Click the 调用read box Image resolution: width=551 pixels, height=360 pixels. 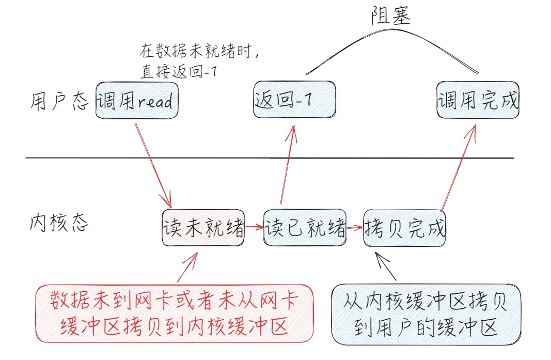coord(137,100)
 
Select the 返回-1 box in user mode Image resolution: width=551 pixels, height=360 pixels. coord(294,100)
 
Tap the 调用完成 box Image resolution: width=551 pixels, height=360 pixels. coord(478,100)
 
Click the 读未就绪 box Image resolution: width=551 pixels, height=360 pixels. coord(203,228)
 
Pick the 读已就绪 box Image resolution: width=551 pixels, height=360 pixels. coord(305,228)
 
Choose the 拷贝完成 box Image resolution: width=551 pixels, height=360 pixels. coord(404,228)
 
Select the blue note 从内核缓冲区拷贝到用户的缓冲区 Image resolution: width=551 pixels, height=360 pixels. coord(426,314)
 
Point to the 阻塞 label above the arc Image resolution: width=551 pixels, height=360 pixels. coord(391,17)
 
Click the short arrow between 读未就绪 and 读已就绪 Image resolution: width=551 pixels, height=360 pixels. coord(254,226)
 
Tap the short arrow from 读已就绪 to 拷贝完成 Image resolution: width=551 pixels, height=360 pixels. coord(355,227)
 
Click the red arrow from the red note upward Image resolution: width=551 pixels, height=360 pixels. coord(187,267)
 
